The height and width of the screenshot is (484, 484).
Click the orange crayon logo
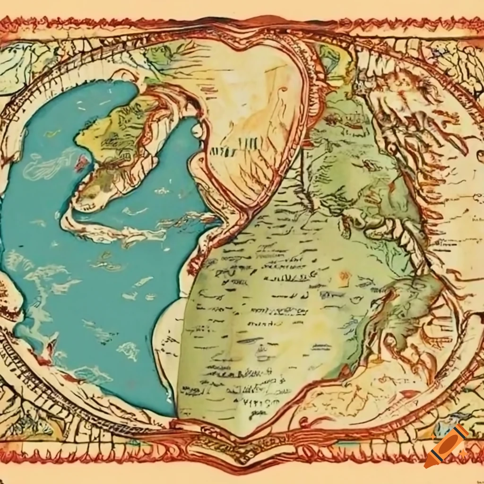(x=446, y=447)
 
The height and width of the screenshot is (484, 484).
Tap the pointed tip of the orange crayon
(x=428, y=464)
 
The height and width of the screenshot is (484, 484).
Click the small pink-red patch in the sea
(x=82, y=163)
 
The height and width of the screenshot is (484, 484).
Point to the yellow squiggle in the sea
(x=52, y=133)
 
